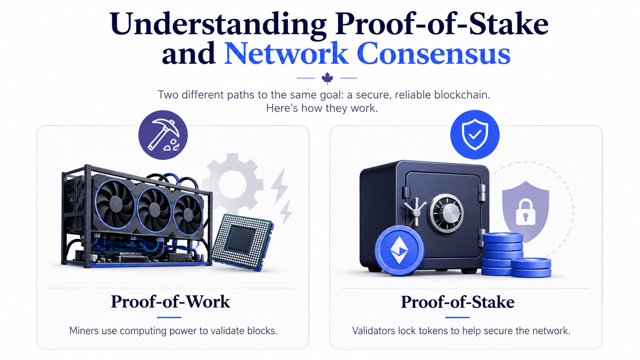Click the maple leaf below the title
click(x=327, y=78)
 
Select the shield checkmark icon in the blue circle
click(x=475, y=134)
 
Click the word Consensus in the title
click(x=433, y=54)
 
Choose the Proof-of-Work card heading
click(x=170, y=302)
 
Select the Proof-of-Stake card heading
click(x=457, y=302)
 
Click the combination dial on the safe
click(x=446, y=213)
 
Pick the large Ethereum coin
click(x=400, y=250)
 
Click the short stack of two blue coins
click(x=531, y=267)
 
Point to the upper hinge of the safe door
click(x=482, y=192)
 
